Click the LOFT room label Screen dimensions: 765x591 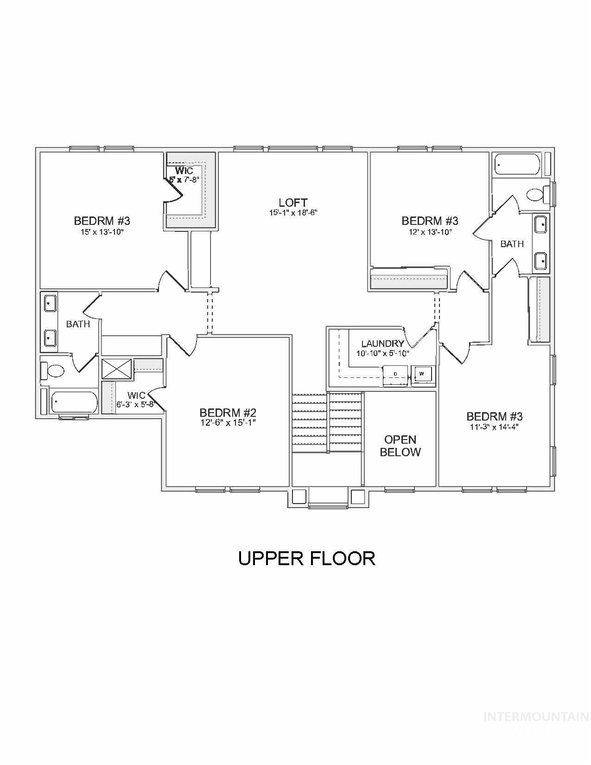pyautogui.click(x=293, y=203)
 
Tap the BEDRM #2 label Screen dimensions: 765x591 pyautogui.click(x=228, y=412)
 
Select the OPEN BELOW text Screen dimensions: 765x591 pyautogui.click(x=400, y=446)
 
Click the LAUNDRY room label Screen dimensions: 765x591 pyautogui.click(x=382, y=344)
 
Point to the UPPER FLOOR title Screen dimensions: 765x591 pyautogui.click(x=306, y=558)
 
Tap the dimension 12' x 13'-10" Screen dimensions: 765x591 pyautogui.click(x=430, y=231)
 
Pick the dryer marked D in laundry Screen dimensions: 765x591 pyautogui.click(x=395, y=373)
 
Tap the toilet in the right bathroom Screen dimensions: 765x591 pyautogui.click(x=539, y=194)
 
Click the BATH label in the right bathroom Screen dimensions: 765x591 pyautogui.click(x=512, y=243)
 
